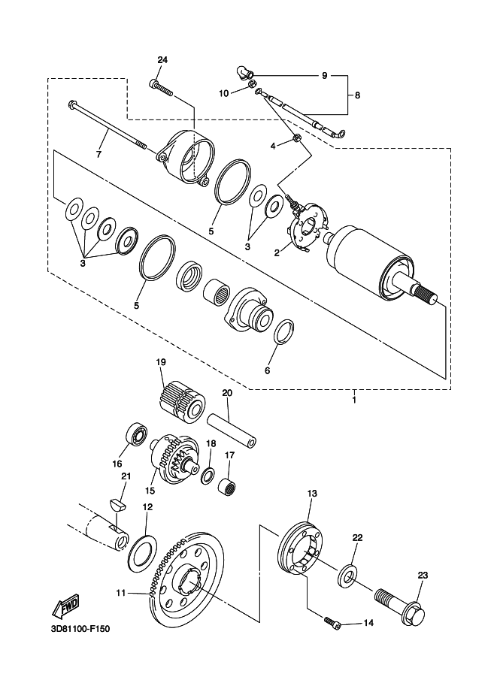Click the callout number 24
coord(162,60)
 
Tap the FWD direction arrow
coord(65,606)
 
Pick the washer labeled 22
coord(347,576)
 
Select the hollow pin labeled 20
coord(231,431)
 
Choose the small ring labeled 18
coord(208,476)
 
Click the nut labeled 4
coord(295,139)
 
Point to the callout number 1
coord(354,400)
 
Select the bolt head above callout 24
coord(153,83)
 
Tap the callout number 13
coord(312,494)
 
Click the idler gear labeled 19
coord(181,400)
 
